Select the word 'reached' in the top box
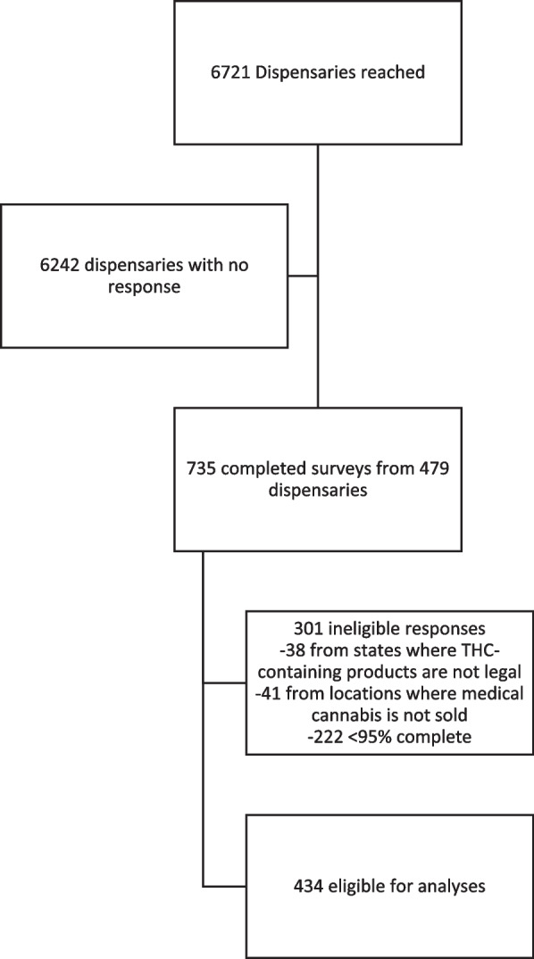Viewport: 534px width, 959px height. (x=398, y=73)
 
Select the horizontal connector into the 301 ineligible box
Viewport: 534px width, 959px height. (x=225, y=685)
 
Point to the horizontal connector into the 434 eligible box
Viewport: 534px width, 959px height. (x=225, y=887)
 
